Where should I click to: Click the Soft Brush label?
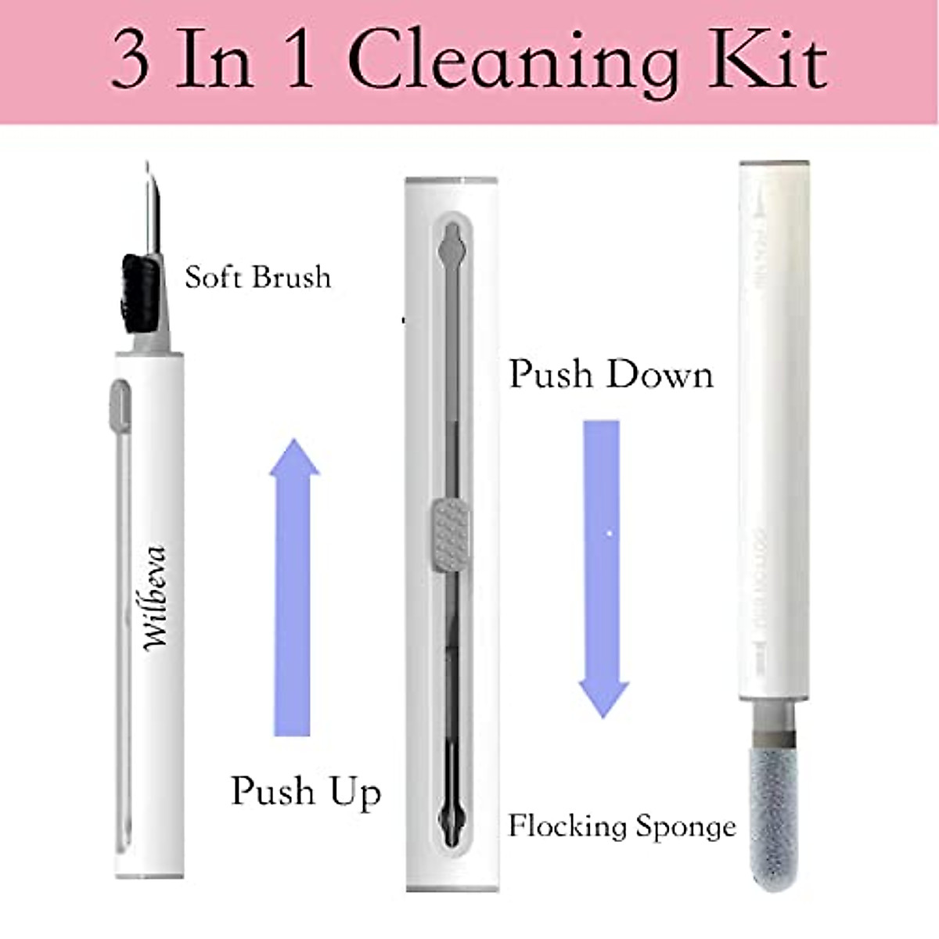tap(257, 277)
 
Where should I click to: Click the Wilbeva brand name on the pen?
tap(156, 598)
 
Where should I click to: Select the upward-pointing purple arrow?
tap(293, 587)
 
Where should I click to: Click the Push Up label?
tap(306, 791)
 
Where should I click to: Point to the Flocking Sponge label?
tap(622, 826)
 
